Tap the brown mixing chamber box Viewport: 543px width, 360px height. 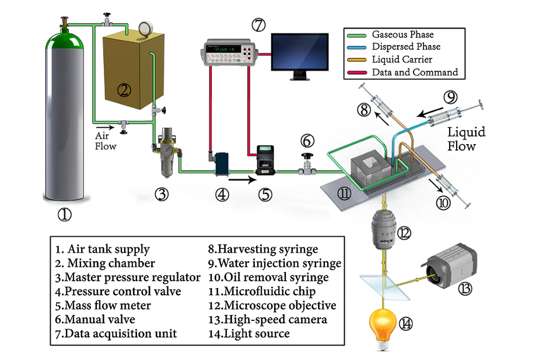tap(134, 71)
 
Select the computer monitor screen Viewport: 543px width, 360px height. tap(300, 53)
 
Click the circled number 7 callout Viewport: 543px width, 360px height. tap(258, 25)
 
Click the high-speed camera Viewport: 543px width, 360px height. tap(450, 264)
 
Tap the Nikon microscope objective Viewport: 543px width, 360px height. tap(384, 230)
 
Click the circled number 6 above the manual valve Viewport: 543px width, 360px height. tap(307, 141)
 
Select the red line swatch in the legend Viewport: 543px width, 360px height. tap(357, 72)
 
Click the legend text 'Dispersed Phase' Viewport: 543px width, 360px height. tap(406, 47)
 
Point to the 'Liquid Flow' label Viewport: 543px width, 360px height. tap(466, 139)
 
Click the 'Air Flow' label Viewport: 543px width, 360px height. tap(105, 141)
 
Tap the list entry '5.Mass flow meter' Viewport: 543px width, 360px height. tap(103, 306)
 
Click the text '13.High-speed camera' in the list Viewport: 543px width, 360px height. tap(267, 320)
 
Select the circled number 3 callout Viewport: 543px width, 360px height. tap(162, 194)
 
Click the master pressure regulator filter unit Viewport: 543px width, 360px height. tap(167, 152)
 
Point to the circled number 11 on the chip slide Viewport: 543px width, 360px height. tap(344, 193)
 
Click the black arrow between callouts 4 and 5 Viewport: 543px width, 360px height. tap(242, 180)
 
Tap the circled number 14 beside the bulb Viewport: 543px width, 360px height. tap(405, 324)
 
